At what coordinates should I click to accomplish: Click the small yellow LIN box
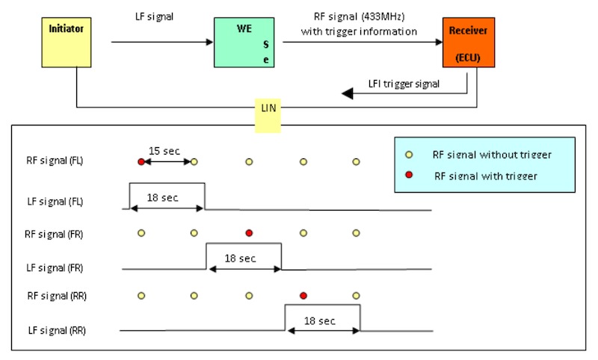pos(268,109)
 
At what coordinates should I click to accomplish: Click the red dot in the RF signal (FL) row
pos(141,161)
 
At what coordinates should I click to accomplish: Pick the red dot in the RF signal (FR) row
pos(249,233)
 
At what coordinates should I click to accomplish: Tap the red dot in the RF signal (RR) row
pos(303,295)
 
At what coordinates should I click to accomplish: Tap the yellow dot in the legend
pos(408,155)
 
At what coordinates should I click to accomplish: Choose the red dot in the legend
pos(408,176)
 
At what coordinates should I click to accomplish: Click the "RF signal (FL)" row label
pos(55,161)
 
